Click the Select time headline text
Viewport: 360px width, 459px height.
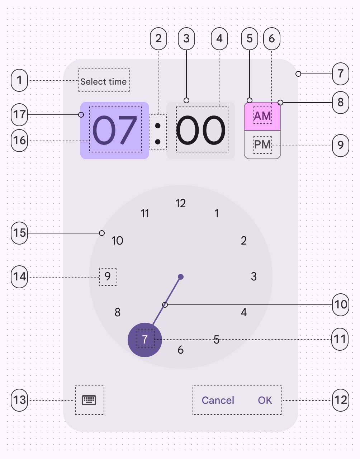pos(104,81)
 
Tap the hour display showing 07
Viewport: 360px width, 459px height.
pos(115,130)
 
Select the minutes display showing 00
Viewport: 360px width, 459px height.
pos(201,130)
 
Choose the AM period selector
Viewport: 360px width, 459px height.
pos(262,116)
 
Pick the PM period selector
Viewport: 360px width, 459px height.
pos(262,145)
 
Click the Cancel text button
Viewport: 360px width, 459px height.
pos(218,400)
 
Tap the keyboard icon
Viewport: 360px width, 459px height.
pos(89,400)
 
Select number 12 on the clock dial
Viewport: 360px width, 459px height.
pos(181,204)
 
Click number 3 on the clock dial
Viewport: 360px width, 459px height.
pos(254,276)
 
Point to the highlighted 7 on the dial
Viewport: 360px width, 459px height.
pos(145,339)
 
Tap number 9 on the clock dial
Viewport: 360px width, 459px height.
pos(108,276)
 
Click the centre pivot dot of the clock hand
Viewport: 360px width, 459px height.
pos(181,277)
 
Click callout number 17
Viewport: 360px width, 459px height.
pos(19,115)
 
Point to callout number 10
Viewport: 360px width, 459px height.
pos(341,305)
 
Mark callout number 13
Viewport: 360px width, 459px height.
pos(19,399)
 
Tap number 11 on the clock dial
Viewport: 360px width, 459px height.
pos(145,214)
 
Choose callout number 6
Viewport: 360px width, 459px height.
pos(271,39)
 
